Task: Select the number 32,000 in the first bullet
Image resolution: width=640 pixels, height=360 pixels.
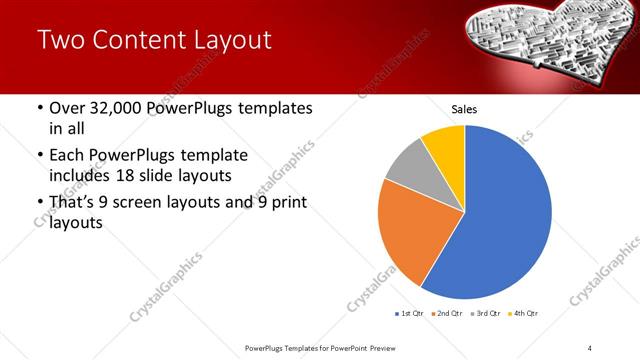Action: pyautogui.click(x=112, y=108)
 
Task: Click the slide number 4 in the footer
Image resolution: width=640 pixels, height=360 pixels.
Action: pyautogui.click(x=590, y=347)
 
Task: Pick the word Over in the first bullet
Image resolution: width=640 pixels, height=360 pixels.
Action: pyautogui.click(x=68, y=108)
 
